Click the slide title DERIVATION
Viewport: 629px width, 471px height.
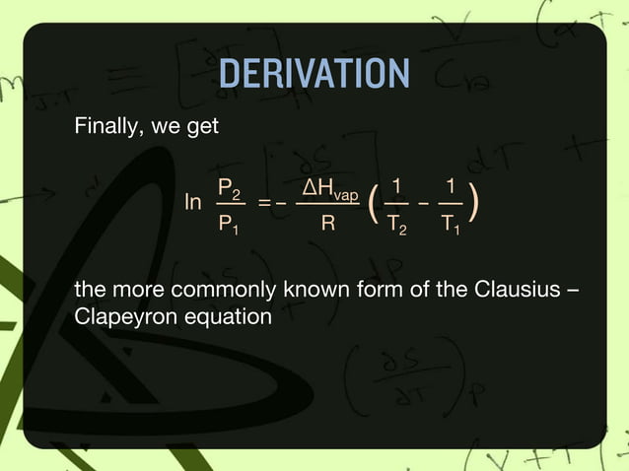point(314,74)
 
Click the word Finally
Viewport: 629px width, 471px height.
point(105,128)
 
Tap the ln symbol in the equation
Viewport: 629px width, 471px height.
point(194,203)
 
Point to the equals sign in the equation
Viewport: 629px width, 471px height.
point(263,204)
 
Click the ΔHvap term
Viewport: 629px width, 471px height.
point(329,188)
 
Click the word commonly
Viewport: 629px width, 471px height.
point(216,292)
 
